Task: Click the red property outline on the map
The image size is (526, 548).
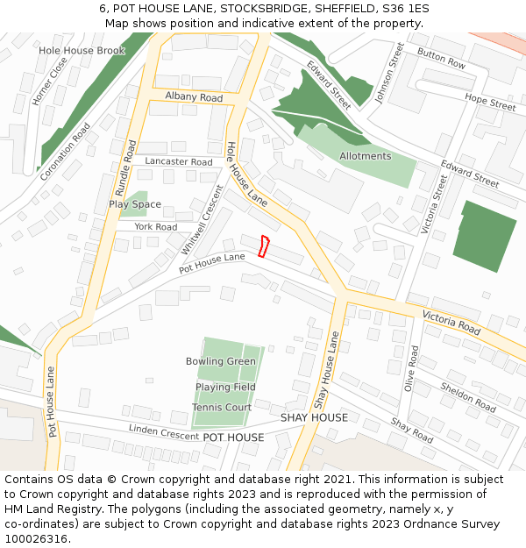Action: [264, 246]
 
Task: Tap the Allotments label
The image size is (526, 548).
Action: [365, 156]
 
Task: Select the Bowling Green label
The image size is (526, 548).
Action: [221, 361]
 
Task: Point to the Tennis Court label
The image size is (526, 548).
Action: [222, 407]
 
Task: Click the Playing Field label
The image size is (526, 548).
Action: [225, 387]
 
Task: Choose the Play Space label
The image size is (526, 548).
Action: [135, 204]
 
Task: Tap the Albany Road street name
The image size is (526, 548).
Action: [194, 97]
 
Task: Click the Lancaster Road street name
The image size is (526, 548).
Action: [179, 162]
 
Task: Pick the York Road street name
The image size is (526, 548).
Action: [156, 227]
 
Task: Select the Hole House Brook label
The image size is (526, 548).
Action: [82, 51]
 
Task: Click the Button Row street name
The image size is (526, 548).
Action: [442, 59]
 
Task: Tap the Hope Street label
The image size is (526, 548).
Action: [490, 103]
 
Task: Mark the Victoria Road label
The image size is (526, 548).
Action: [451, 323]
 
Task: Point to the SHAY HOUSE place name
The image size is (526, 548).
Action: [314, 417]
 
